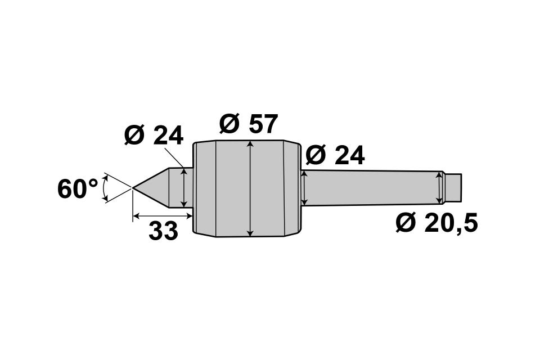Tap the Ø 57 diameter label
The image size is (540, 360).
(x=248, y=124)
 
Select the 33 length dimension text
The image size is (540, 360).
(x=163, y=231)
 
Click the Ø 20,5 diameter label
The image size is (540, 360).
(x=436, y=223)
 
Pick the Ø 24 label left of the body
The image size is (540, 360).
(x=154, y=135)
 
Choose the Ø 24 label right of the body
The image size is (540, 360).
(x=335, y=155)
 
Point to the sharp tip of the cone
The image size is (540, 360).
(x=133, y=187)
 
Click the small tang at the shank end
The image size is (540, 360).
(x=453, y=188)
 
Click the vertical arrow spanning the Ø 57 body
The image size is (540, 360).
(x=251, y=189)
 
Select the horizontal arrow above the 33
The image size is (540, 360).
(x=162, y=216)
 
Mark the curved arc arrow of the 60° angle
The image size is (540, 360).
(x=105, y=188)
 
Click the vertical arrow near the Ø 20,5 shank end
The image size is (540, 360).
(x=439, y=188)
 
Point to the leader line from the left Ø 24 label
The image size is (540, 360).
(x=174, y=157)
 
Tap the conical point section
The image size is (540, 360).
(x=151, y=188)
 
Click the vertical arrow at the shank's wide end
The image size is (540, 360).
(x=304, y=188)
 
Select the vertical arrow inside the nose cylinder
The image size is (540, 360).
(x=185, y=188)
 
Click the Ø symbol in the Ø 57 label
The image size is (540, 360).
(x=229, y=124)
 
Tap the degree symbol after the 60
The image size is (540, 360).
(x=93, y=183)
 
